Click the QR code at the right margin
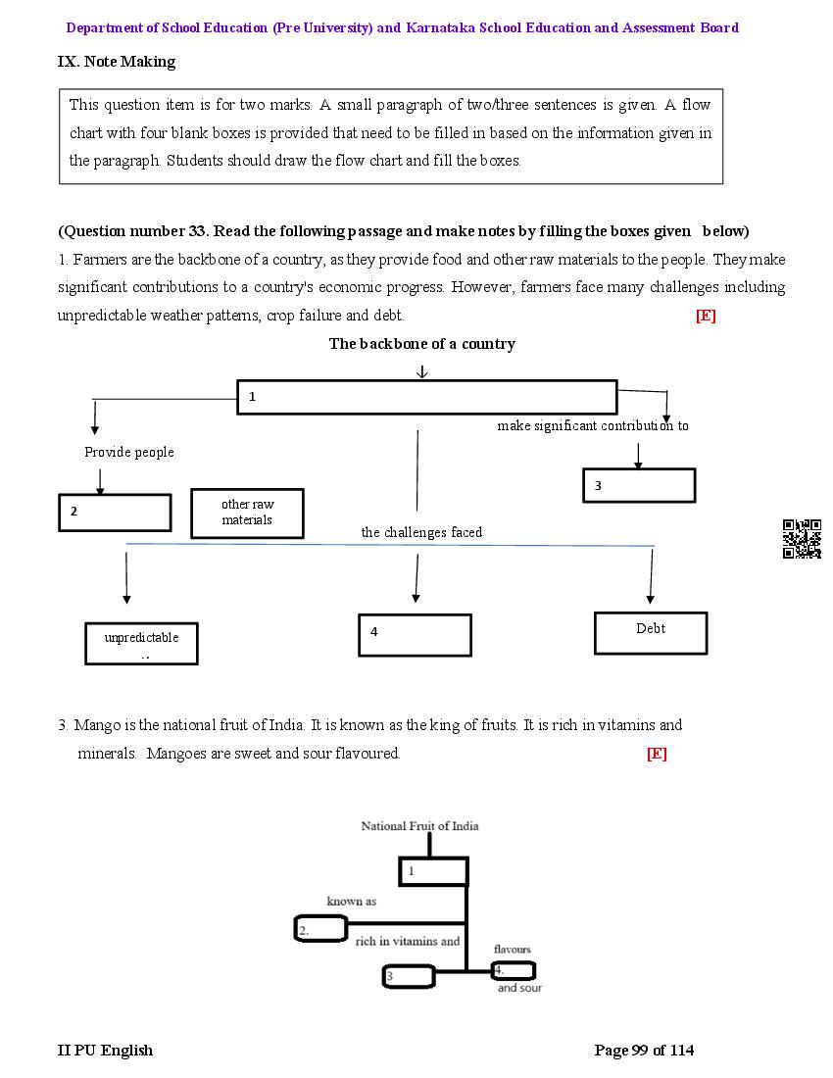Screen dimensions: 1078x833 click(802, 539)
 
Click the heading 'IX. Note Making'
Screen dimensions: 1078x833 click(117, 62)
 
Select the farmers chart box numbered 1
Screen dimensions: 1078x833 click(427, 397)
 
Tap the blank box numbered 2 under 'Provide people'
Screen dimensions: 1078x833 click(115, 513)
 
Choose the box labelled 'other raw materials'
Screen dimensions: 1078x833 click(247, 513)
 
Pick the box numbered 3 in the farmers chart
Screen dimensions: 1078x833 click(639, 485)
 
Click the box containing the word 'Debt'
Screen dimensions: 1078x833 click(651, 633)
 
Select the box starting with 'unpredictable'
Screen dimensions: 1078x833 click(141, 643)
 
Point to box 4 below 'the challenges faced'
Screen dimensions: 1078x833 click(415, 635)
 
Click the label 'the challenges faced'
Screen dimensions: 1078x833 click(421, 532)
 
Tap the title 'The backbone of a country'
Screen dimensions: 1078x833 click(421, 344)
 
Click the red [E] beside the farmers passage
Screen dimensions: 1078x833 click(706, 316)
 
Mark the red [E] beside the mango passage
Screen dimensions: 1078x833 click(657, 754)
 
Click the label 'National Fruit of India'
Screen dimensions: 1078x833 click(419, 826)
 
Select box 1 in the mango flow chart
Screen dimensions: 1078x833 click(433, 871)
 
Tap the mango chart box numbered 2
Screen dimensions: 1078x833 click(320, 929)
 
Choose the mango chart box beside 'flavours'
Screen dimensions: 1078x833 click(514, 970)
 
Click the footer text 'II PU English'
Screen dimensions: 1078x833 click(105, 1051)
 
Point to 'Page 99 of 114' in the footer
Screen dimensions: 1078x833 click(644, 1051)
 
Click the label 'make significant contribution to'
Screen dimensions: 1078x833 click(592, 425)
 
